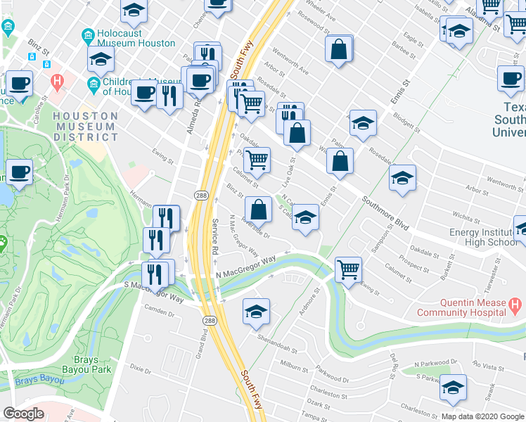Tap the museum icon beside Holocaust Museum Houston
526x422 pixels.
pyautogui.click(x=88, y=35)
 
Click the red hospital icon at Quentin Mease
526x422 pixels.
pyautogui.click(x=515, y=306)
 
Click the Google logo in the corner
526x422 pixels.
pyautogui.click(x=23, y=414)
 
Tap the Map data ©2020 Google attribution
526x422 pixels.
pyautogui.click(x=482, y=416)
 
